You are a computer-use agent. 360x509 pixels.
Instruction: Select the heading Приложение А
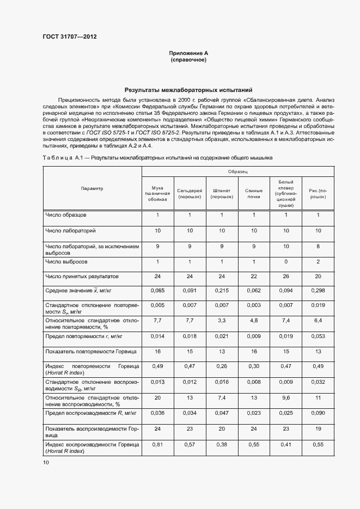(x=188, y=53)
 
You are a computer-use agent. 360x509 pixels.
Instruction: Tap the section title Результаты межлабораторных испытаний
(x=188, y=90)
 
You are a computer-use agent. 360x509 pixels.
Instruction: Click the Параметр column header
(x=92, y=188)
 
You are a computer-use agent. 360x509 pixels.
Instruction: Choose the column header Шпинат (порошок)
(x=222, y=194)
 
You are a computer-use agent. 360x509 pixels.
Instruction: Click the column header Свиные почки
(x=253, y=194)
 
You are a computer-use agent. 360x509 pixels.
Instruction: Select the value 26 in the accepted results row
(x=286, y=277)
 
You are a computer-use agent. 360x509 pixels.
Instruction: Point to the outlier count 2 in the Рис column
(x=318, y=262)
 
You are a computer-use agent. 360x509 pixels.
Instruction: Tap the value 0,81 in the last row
(x=157, y=445)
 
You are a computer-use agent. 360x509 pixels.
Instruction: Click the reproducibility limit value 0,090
(x=318, y=414)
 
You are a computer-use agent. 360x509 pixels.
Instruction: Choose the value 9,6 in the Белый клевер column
(x=286, y=398)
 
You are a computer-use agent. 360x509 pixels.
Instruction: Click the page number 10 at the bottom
(x=46, y=463)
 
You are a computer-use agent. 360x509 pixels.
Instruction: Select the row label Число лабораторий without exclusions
(x=70, y=231)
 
